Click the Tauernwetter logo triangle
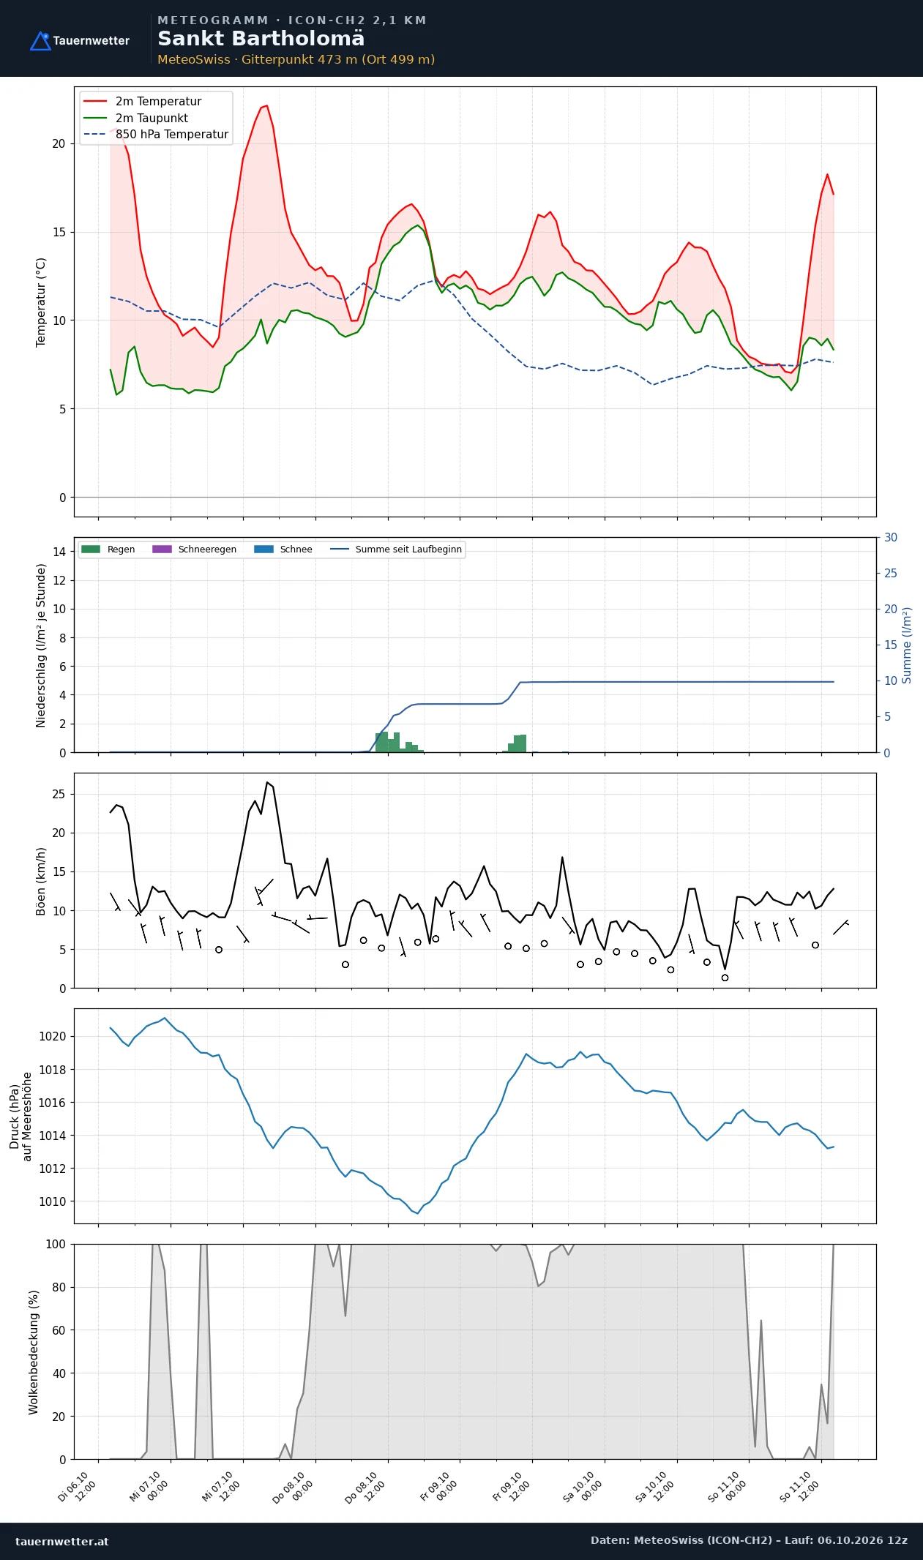(40, 42)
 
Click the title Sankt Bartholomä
(261, 39)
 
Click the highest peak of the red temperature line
(267, 105)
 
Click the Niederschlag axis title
(41, 645)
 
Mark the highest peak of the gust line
(267, 782)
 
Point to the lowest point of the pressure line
(417, 1213)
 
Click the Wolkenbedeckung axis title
(34, 1352)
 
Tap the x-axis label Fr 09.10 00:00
(438, 1487)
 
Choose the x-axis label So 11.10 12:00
(799, 1487)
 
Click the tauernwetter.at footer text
(62, 1542)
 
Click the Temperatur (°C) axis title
(41, 302)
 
